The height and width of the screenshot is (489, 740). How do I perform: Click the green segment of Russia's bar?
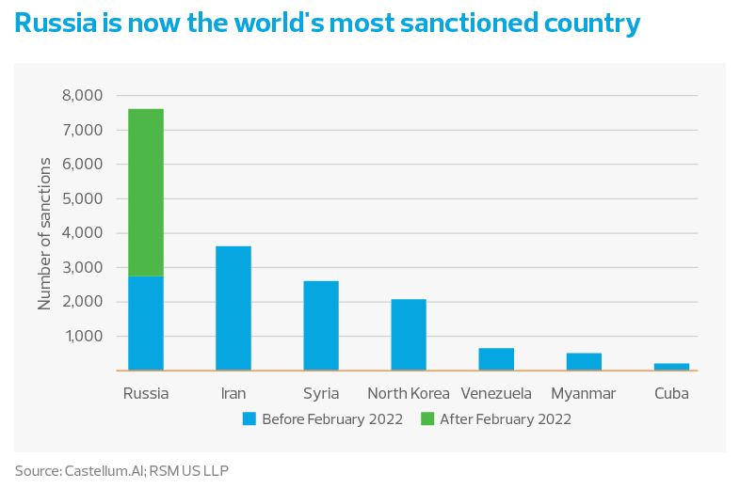[146, 192]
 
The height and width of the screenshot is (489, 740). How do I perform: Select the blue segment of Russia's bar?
[146, 323]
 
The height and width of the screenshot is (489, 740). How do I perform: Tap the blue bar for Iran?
[233, 308]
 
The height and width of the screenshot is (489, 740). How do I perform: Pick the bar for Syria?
[321, 324]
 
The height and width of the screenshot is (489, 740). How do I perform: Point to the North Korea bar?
[409, 334]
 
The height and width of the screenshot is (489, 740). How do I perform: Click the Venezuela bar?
[496, 358]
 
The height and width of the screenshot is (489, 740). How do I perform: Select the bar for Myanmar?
[584, 361]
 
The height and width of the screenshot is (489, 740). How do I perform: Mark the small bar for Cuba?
[671, 366]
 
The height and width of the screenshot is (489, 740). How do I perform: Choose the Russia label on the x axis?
[146, 393]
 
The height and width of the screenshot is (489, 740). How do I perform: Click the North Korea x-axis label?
[409, 393]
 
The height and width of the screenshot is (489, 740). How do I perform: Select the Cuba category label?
[671, 393]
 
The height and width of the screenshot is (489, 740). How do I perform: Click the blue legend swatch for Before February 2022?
[249, 418]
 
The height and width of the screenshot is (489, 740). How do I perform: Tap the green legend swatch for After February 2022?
[427, 418]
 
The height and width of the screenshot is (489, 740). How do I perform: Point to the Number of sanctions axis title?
[44, 233]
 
